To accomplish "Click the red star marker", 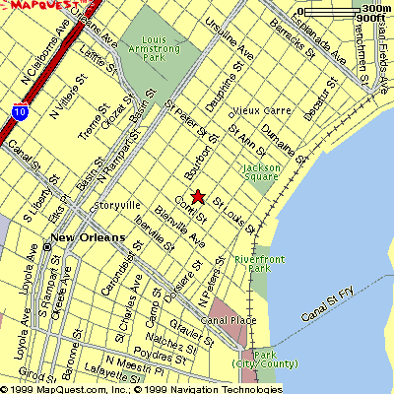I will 197,196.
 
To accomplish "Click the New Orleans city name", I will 89,238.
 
